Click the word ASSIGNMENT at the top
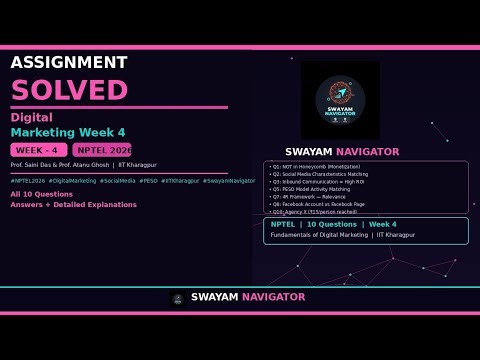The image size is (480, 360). click(68, 63)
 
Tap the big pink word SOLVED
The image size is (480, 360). click(69, 89)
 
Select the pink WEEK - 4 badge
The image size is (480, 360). click(39, 149)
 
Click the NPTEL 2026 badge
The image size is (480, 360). click(103, 149)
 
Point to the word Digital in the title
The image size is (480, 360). click(31, 117)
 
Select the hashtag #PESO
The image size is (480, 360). click(149, 181)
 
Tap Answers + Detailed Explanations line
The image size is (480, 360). click(73, 204)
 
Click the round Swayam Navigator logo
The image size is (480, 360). click(340, 100)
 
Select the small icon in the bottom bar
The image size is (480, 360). click(177, 298)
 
